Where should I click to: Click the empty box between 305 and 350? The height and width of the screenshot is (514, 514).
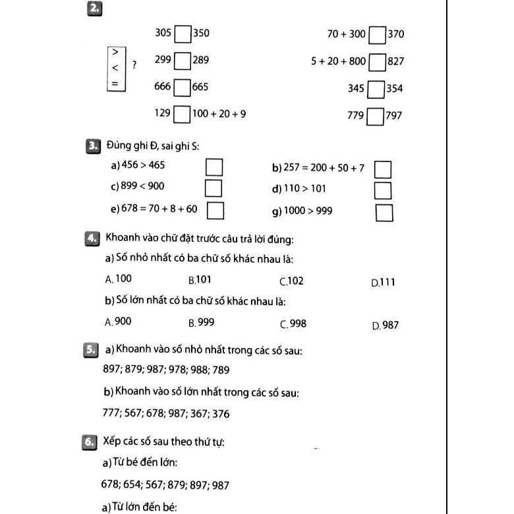[x=183, y=33]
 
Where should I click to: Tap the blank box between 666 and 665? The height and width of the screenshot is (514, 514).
[x=183, y=87]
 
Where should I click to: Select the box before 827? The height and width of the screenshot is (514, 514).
[x=378, y=62]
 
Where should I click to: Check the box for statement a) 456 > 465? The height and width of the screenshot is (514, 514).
[x=213, y=165]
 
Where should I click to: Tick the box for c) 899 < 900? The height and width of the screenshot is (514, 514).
[x=213, y=188]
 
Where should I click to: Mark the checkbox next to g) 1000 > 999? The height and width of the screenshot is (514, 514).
[x=384, y=212]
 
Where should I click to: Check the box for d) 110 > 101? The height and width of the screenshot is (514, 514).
[x=384, y=190]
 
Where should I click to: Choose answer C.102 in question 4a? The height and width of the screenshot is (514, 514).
[x=292, y=281]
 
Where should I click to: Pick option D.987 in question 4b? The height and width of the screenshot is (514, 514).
[x=385, y=325]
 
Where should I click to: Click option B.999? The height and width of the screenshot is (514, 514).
[x=201, y=322]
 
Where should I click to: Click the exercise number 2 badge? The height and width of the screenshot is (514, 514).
[x=94, y=8]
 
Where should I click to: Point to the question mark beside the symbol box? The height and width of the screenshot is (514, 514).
[x=134, y=65]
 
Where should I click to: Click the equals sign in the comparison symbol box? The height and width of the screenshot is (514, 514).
[x=115, y=84]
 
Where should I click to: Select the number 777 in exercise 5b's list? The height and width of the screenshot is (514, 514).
[x=111, y=414]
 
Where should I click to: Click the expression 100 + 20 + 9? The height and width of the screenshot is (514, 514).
[x=219, y=114]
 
